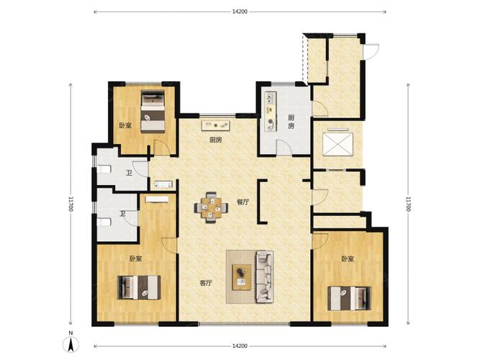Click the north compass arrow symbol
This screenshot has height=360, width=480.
71,344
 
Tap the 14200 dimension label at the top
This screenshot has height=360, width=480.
240,12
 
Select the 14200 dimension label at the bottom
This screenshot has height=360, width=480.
240,346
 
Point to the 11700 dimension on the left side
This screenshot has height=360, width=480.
71,204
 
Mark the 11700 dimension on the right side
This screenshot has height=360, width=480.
408,204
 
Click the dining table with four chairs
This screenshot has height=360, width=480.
211,207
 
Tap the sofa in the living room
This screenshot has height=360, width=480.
264,276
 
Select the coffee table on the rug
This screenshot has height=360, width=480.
242,277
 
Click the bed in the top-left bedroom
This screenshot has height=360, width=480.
153,112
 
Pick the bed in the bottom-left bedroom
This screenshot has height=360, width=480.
139,287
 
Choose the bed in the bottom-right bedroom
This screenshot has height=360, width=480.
349,298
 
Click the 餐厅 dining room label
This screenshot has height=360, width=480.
243,202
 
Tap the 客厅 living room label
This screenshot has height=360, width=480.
206,283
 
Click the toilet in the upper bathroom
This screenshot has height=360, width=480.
104,169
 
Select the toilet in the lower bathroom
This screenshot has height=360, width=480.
104,222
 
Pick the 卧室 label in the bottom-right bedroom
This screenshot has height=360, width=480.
348,259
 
